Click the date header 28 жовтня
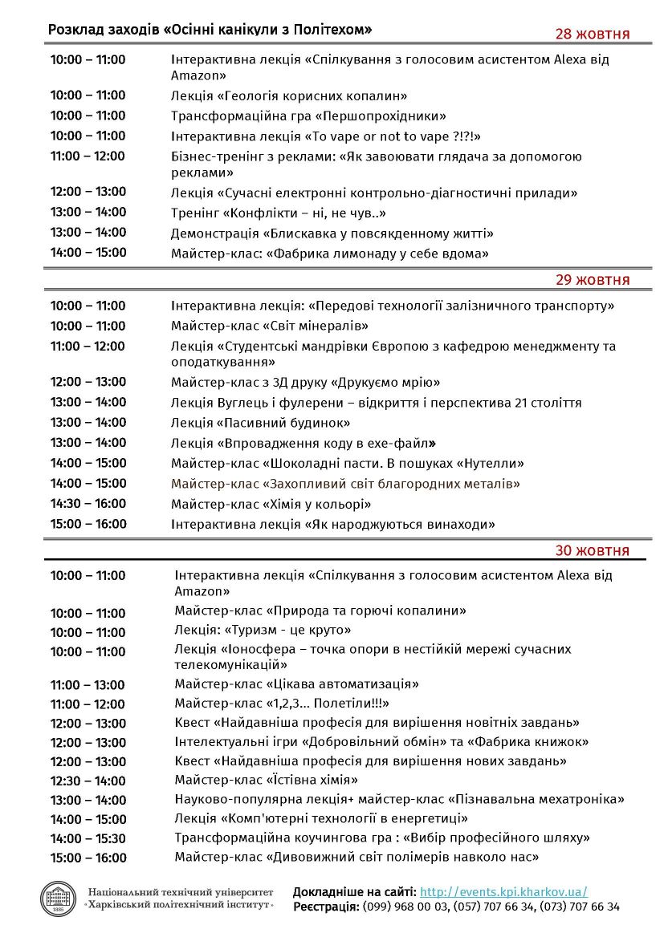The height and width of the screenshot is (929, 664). (x=593, y=34)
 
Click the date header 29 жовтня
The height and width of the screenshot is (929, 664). (x=593, y=280)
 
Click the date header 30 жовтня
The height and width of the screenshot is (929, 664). (x=593, y=550)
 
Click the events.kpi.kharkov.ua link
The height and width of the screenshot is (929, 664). (x=503, y=891)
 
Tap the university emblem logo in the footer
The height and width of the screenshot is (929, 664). (x=58, y=898)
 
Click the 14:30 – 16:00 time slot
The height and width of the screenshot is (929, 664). (x=88, y=504)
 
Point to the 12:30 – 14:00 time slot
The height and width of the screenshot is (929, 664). (x=88, y=781)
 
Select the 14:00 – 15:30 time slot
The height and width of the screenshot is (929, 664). (x=88, y=838)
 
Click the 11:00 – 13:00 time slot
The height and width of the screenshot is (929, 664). (x=88, y=685)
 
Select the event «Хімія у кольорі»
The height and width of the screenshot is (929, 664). (x=317, y=504)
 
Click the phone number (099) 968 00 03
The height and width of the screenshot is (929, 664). (x=404, y=907)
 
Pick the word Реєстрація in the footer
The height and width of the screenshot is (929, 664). (x=325, y=907)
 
